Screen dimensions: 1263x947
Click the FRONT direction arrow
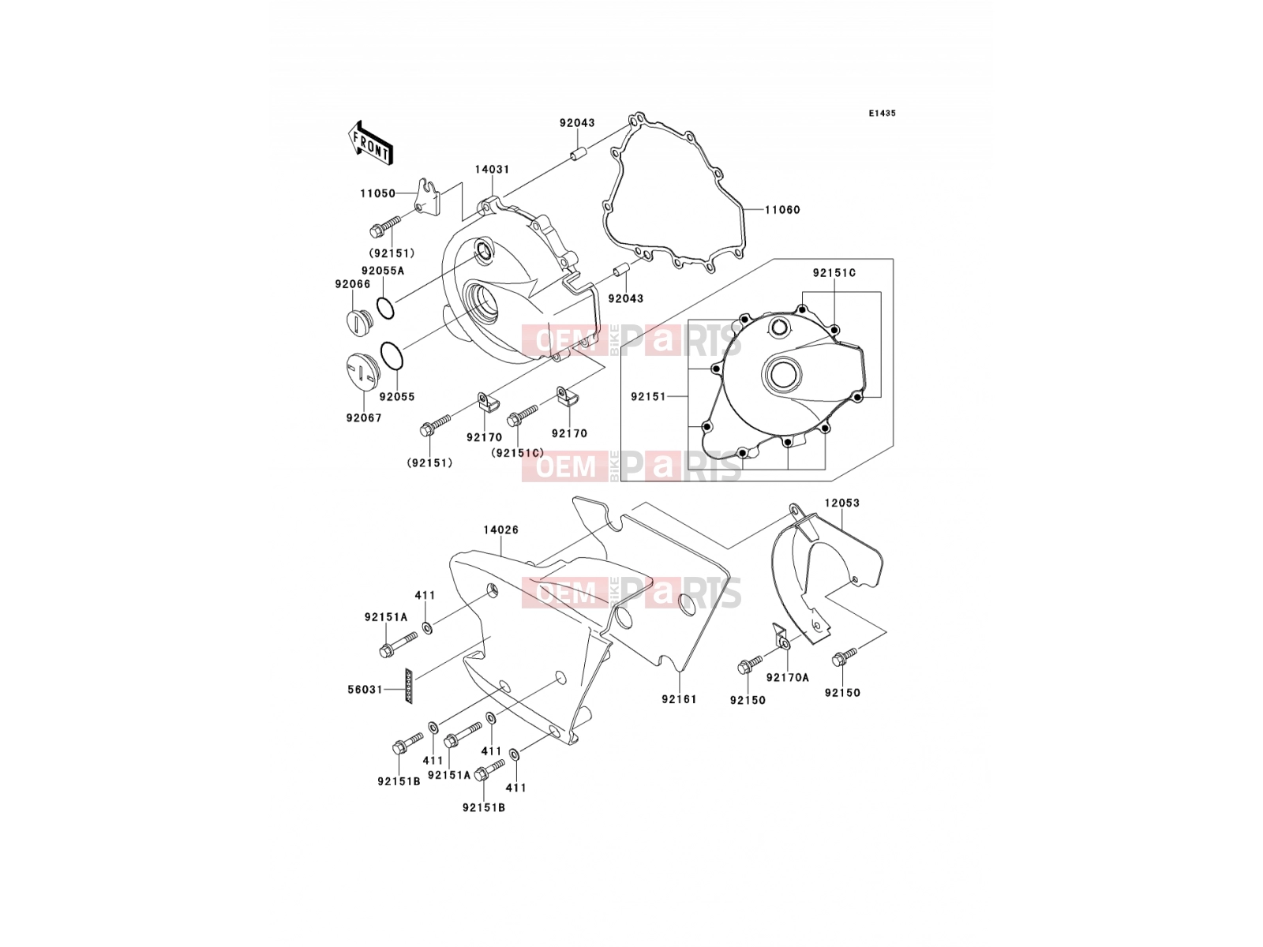tap(370, 143)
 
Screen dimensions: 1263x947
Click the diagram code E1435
tap(882, 114)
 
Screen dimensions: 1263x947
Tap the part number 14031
tap(492, 169)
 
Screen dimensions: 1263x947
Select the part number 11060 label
tap(782, 210)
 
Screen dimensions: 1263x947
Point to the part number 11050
tap(377, 193)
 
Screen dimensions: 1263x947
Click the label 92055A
tap(383, 270)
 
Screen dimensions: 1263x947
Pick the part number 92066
tap(353, 284)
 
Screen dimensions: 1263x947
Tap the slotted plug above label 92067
tap(360, 372)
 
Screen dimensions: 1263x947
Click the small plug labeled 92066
tap(358, 323)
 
